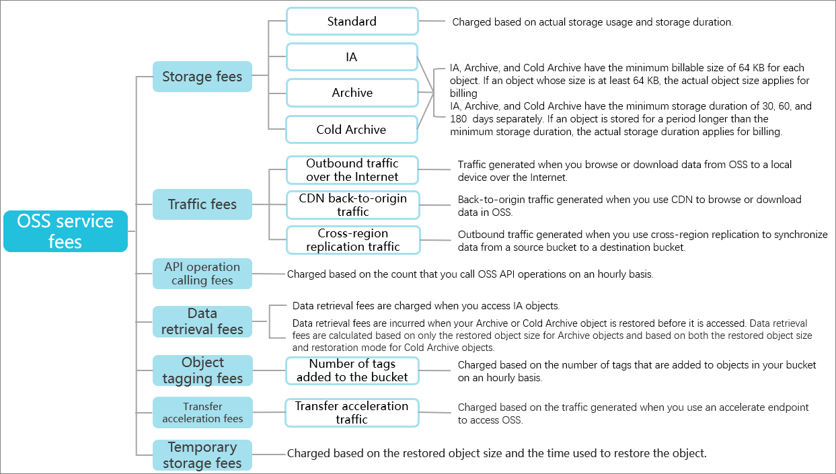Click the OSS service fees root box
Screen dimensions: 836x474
(x=65, y=231)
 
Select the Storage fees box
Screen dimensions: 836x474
(x=202, y=77)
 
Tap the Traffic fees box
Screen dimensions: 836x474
(x=202, y=204)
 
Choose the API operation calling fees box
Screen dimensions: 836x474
(x=202, y=274)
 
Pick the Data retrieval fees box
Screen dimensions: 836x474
(x=202, y=321)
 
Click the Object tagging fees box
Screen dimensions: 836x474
(x=202, y=370)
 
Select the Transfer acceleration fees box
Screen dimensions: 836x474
(x=202, y=412)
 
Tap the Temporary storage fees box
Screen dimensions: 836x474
(x=202, y=455)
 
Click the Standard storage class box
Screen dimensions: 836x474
(x=352, y=22)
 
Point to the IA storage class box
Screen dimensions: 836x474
(x=352, y=56)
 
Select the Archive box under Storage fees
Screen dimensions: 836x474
(x=352, y=93)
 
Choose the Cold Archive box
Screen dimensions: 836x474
(x=351, y=130)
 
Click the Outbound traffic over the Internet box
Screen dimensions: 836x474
(x=352, y=170)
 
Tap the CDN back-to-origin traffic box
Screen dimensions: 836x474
(x=352, y=205)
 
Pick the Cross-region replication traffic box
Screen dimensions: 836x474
(x=353, y=240)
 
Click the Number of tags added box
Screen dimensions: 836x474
(x=352, y=370)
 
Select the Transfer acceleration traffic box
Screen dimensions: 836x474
(x=352, y=413)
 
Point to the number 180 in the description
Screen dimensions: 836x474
(x=458, y=119)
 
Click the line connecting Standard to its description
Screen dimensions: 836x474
(x=432, y=21)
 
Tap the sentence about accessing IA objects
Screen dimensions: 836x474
(x=426, y=306)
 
